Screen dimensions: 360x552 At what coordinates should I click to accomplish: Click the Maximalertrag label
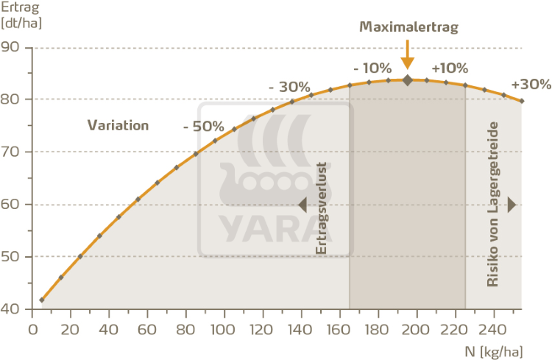408,27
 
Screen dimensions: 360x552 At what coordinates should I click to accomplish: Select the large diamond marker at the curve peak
407,80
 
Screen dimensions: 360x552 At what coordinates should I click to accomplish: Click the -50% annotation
203,125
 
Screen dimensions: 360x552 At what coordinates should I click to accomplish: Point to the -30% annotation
289,86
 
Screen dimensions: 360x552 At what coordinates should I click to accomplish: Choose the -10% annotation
372,68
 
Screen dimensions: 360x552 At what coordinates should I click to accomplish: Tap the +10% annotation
450,68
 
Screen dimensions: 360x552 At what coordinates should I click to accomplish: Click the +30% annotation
530,84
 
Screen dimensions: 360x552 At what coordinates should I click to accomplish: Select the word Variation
118,124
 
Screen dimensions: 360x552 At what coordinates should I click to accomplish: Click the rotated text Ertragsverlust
321,208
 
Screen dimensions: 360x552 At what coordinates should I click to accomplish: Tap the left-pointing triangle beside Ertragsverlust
302,205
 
